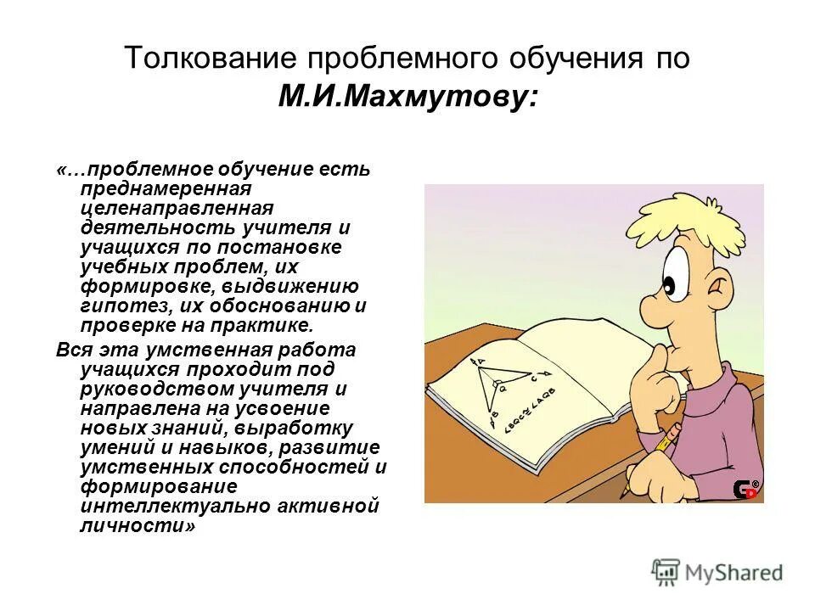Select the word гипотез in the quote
121,305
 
